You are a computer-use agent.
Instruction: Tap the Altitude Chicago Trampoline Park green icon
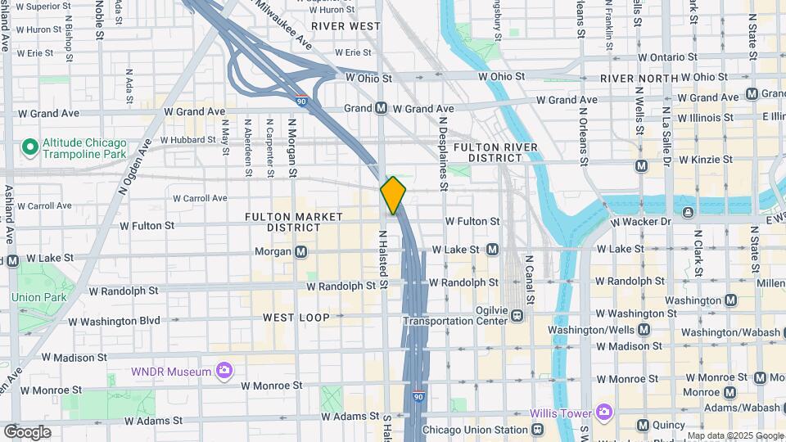point(30,147)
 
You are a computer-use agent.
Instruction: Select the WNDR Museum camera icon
point(224,372)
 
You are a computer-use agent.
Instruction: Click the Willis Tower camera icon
point(605,411)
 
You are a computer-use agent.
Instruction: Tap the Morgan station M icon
point(301,251)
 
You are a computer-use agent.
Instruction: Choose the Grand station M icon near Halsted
point(382,108)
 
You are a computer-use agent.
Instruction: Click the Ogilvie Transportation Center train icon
point(517,316)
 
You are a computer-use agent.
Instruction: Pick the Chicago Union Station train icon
point(538,430)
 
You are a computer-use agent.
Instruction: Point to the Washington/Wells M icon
point(644,330)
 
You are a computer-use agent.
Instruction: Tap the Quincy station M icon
point(644,425)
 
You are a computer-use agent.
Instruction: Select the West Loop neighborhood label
point(296,317)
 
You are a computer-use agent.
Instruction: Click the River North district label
point(639,79)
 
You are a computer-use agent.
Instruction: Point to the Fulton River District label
point(497,152)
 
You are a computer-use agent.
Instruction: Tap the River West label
point(346,26)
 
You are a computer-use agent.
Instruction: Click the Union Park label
point(38,296)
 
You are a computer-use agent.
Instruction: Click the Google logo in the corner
point(27,431)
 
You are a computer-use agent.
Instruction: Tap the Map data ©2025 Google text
point(734,435)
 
